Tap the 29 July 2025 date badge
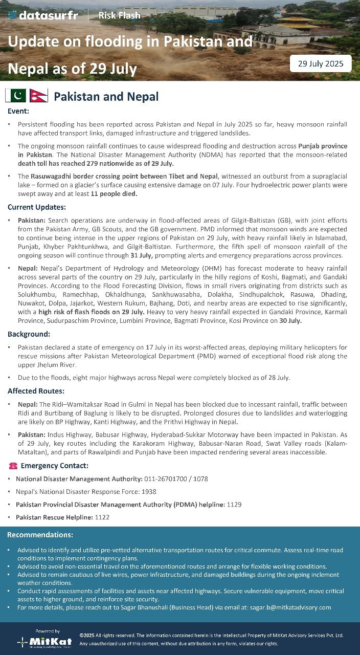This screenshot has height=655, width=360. pyautogui.click(x=321, y=64)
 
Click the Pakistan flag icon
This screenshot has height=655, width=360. pyautogui.click(x=15, y=96)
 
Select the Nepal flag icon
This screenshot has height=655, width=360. pyautogui.click(x=38, y=96)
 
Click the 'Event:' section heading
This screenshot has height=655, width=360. pyautogui.click(x=18, y=111)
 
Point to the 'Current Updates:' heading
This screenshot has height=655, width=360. pyautogui.click(x=36, y=207)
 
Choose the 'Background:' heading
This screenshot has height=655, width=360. pyautogui.click(x=29, y=334)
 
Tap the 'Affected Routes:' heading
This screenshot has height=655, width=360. pyautogui.click(x=36, y=391)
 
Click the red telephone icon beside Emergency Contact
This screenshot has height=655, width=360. pyautogui.click(x=13, y=466)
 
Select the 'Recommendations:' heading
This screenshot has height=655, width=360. pyautogui.click(x=40, y=535)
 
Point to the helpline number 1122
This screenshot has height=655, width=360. pyautogui.click(x=102, y=517)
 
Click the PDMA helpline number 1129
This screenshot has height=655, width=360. pyautogui.click(x=234, y=505)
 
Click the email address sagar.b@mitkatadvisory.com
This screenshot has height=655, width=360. pyautogui.click(x=290, y=607)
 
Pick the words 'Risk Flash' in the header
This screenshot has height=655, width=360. pyautogui.click(x=119, y=15)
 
